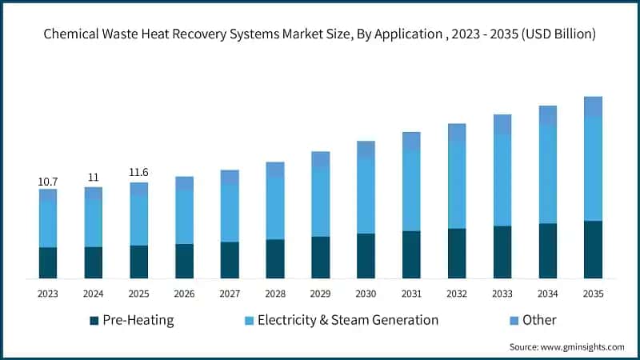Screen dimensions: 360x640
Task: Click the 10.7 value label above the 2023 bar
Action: click(x=48, y=182)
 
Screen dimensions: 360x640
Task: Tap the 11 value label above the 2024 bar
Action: click(x=93, y=178)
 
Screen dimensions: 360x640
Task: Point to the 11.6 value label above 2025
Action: click(x=138, y=172)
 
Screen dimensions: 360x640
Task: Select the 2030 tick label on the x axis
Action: click(x=366, y=294)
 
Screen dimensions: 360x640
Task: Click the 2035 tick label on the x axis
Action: click(x=593, y=294)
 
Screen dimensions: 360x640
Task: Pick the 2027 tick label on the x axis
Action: click(x=230, y=294)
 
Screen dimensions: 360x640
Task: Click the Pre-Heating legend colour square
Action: click(x=94, y=321)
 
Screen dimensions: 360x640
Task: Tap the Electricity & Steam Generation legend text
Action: click(x=348, y=320)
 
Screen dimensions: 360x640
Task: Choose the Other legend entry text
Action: click(x=539, y=320)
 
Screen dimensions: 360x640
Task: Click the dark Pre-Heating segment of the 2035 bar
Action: click(x=593, y=250)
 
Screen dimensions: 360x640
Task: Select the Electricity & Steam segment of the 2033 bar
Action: click(x=502, y=180)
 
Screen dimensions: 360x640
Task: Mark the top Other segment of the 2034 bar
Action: click(x=548, y=115)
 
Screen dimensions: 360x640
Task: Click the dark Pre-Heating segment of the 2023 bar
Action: click(x=48, y=262)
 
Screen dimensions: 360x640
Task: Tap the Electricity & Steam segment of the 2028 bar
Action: click(x=275, y=208)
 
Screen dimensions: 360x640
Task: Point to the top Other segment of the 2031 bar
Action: click(x=411, y=141)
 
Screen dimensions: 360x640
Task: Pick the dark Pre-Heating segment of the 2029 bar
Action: click(x=320, y=258)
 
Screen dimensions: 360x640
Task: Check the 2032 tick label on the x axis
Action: click(x=457, y=294)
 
